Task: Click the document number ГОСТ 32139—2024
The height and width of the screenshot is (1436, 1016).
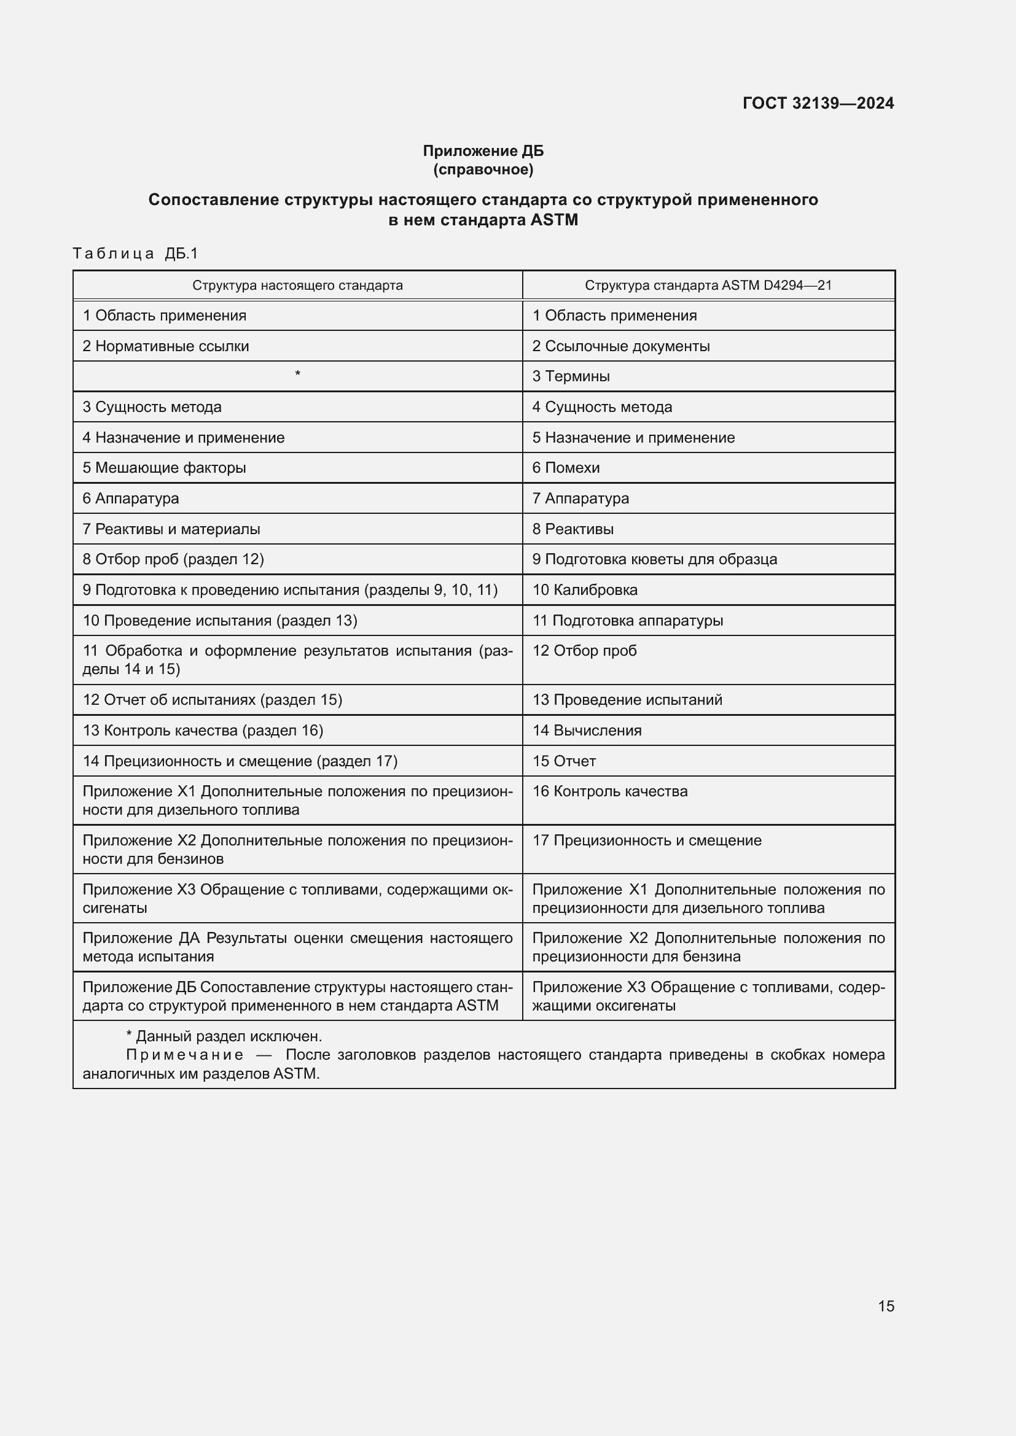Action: [x=818, y=103]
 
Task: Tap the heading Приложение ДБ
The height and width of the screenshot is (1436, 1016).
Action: [x=483, y=151]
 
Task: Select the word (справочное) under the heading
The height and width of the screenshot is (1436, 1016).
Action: [x=483, y=169]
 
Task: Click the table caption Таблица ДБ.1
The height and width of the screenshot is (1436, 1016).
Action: [x=135, y=254]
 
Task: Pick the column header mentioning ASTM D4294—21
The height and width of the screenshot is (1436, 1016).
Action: [x=708, y=286]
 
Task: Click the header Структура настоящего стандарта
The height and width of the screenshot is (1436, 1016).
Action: [x=297, y=286]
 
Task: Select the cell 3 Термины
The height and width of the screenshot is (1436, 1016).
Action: [x=571, y=376]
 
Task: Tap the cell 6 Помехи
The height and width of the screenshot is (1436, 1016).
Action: [x=566, y=468]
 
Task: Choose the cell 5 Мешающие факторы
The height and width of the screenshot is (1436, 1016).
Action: [x=164, y=468]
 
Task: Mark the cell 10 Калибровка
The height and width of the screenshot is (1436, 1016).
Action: [x=584, y=590]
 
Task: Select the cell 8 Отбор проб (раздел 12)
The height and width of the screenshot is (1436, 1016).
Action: [x=173, y=559]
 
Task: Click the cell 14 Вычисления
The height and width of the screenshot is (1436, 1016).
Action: [x=587, y=731]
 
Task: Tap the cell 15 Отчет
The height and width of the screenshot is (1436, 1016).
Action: [x=564, y=761]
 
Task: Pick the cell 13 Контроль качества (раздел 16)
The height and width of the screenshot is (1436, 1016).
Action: [x=203, y=731]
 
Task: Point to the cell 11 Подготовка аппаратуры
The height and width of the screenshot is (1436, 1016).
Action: [x=628, y=621]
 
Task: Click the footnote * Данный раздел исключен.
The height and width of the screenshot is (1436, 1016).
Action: [x=224, y=1036]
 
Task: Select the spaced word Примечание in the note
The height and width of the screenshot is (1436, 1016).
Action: [x=184, y=1055]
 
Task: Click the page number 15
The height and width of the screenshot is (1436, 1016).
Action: [x=886, y=1306]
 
